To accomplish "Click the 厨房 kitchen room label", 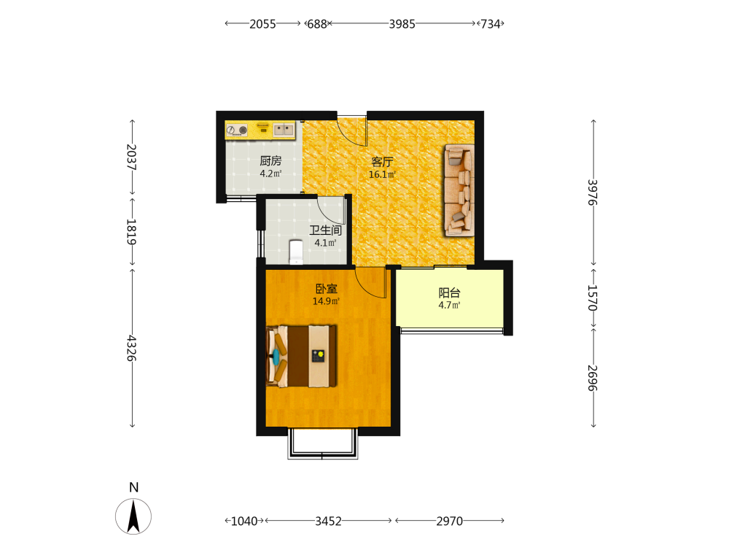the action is tap(270, 161).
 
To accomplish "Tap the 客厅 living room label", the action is tap(382, 162).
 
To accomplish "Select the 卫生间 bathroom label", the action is tap(325, 230).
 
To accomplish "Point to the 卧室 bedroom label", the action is tap(326, 289).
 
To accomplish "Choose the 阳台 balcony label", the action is tap(450, 293).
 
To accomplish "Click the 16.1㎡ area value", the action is tap(382, 175).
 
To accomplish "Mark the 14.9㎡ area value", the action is tap(326, 301).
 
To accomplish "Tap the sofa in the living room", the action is tap(459, 190).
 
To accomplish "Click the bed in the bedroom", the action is tap(301, 357).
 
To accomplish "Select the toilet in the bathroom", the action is tap(296, 252).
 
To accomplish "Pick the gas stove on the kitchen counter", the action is tap(237, 131).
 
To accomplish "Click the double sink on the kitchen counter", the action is tap(283, 129).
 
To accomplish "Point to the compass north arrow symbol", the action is tap(133, 516).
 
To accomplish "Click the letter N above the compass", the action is tap(134, 487).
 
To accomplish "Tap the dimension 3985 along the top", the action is tap(402, 24).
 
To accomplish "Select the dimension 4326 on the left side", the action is tap(131, 348).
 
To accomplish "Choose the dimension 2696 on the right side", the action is tap(593, 378).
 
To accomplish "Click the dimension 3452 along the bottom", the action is tap(328, 521).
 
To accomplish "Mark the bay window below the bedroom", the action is tap(323, 443).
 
